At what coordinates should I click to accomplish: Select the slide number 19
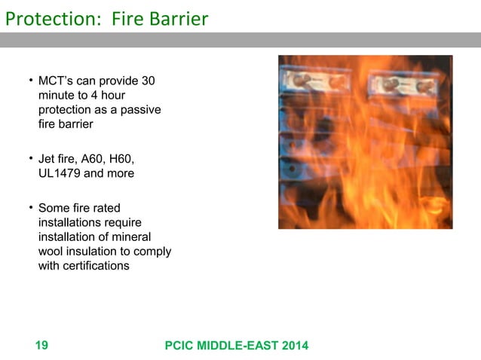[x=41, y=346]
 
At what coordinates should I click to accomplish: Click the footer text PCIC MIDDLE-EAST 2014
[x=236, y=346]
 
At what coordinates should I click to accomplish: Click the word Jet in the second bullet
[x=47, y=159]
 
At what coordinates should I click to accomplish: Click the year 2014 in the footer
[x=295, y=346]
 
